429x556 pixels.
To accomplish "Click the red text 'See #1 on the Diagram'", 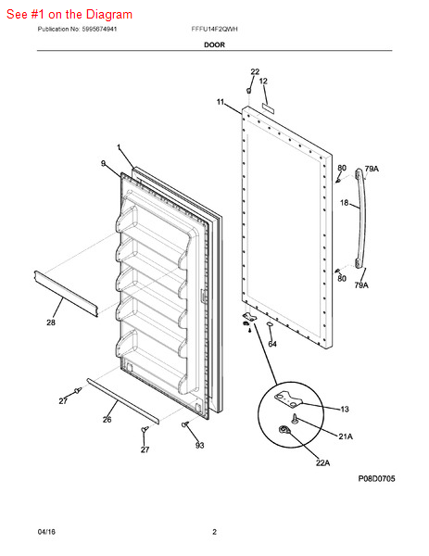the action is pyautogui.click(x=69, y=15).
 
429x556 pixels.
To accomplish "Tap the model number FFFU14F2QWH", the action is pyautogui.click(x=215, y=29).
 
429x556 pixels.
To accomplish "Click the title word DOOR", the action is pyautogui.click(x=215, y=44).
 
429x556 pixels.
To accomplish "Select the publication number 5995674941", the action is pyautogui.click(x=99, y=29).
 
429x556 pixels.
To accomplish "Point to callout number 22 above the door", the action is pyautogui.click(x=255, y=71).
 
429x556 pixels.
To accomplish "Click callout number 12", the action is pyautogui.click(x=263, y=82).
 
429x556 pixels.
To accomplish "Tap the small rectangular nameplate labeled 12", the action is pyautogui.click(x=268, y=108).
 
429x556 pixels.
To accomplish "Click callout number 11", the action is pyautogui.click(x=221, y=102).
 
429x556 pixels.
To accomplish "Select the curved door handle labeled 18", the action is pyautogui.click(x=360, y=218).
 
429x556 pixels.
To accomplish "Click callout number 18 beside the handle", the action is pyautogui.click(x=345, y=203).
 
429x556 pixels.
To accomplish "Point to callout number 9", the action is pyautogui.click(x=103, y=163).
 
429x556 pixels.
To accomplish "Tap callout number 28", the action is pyautogui.click(x=51, y=322).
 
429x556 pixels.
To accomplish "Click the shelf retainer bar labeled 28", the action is pyautogui.click(x=66, y=294).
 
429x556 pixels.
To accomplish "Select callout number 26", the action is pyautogui.click(x=107, y=420).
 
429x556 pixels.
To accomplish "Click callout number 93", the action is pyautogui.click(x=199, y=446).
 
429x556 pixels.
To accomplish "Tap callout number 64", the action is pyautogui.click(x=272, y=344).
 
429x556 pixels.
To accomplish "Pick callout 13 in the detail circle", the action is pyautogui.click(x=345, y=410).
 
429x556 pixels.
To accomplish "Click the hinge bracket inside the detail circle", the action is pyautogui.click(x=288, y=398).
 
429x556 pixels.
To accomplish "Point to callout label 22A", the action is pyautogui.click(x=322, y=462).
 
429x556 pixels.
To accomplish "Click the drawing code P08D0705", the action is pyautogui.click(x=376, y=479).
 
